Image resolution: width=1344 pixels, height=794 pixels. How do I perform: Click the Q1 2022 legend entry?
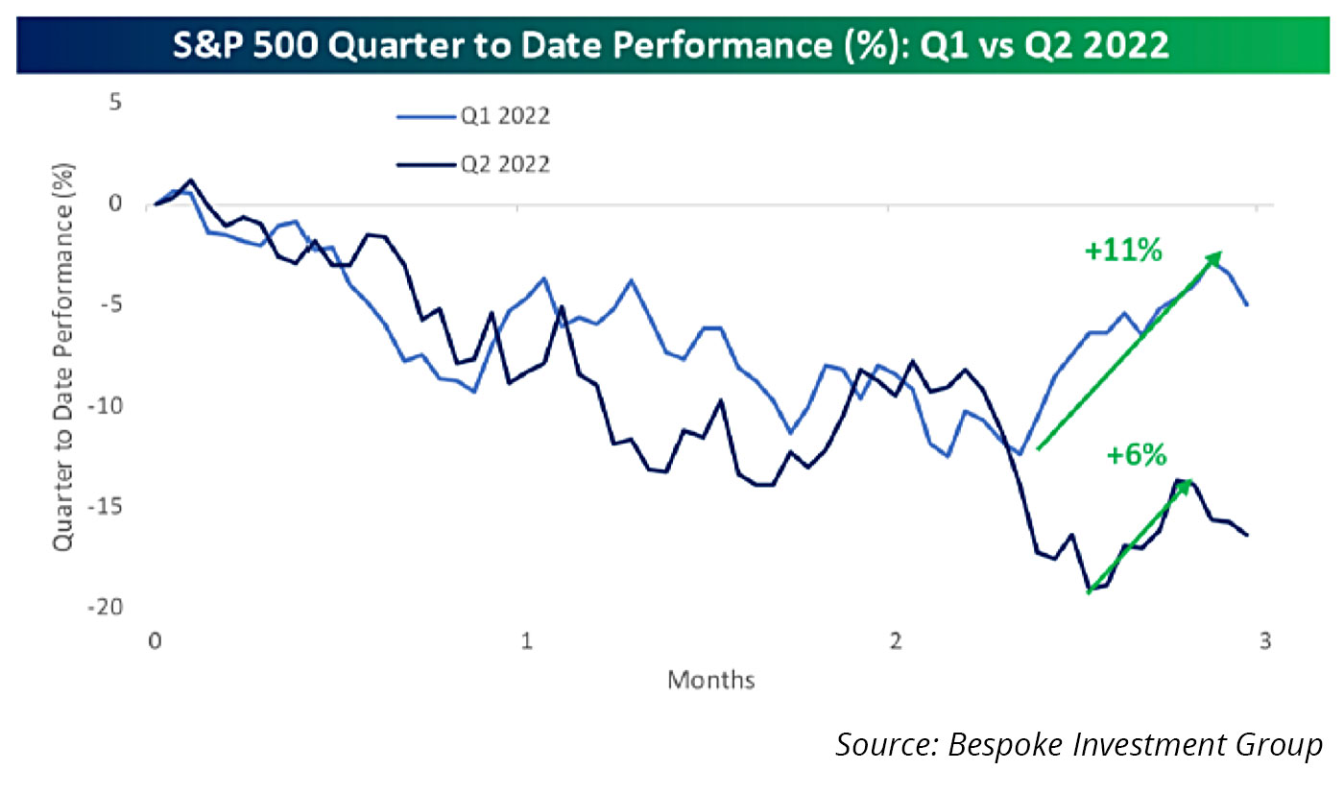(473, 116)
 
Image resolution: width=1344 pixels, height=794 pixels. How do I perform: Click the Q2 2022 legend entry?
(473, 164)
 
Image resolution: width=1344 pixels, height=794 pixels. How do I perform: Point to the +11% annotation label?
(1123, 250)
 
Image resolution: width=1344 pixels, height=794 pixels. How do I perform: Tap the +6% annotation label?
(1137, 454)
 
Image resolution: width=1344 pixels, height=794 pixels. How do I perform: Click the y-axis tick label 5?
(115, 102)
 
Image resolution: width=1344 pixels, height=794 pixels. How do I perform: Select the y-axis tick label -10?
(106, 406)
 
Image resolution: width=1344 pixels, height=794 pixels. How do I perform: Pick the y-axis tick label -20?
(106, 607)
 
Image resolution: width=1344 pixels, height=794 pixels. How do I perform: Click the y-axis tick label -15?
(106, 507)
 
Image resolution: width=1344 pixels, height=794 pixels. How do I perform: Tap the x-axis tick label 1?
(526, 641)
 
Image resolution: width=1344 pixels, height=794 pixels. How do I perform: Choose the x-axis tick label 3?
(1265, 641)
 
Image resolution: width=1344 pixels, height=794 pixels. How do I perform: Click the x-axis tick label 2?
(895, 641)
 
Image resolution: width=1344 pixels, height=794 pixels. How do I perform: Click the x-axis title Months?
(711, 680)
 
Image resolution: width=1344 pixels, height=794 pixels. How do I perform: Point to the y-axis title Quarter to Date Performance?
(63, 357)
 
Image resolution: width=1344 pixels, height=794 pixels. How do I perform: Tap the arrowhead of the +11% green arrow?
(1216, 257)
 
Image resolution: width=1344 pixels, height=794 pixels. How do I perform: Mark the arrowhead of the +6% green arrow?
(1187, 486)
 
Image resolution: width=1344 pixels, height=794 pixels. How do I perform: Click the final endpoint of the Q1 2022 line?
(1247, 305)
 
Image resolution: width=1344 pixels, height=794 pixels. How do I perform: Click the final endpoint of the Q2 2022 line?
(1248, 535)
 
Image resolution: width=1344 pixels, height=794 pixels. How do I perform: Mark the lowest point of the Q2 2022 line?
(1089, 589)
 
